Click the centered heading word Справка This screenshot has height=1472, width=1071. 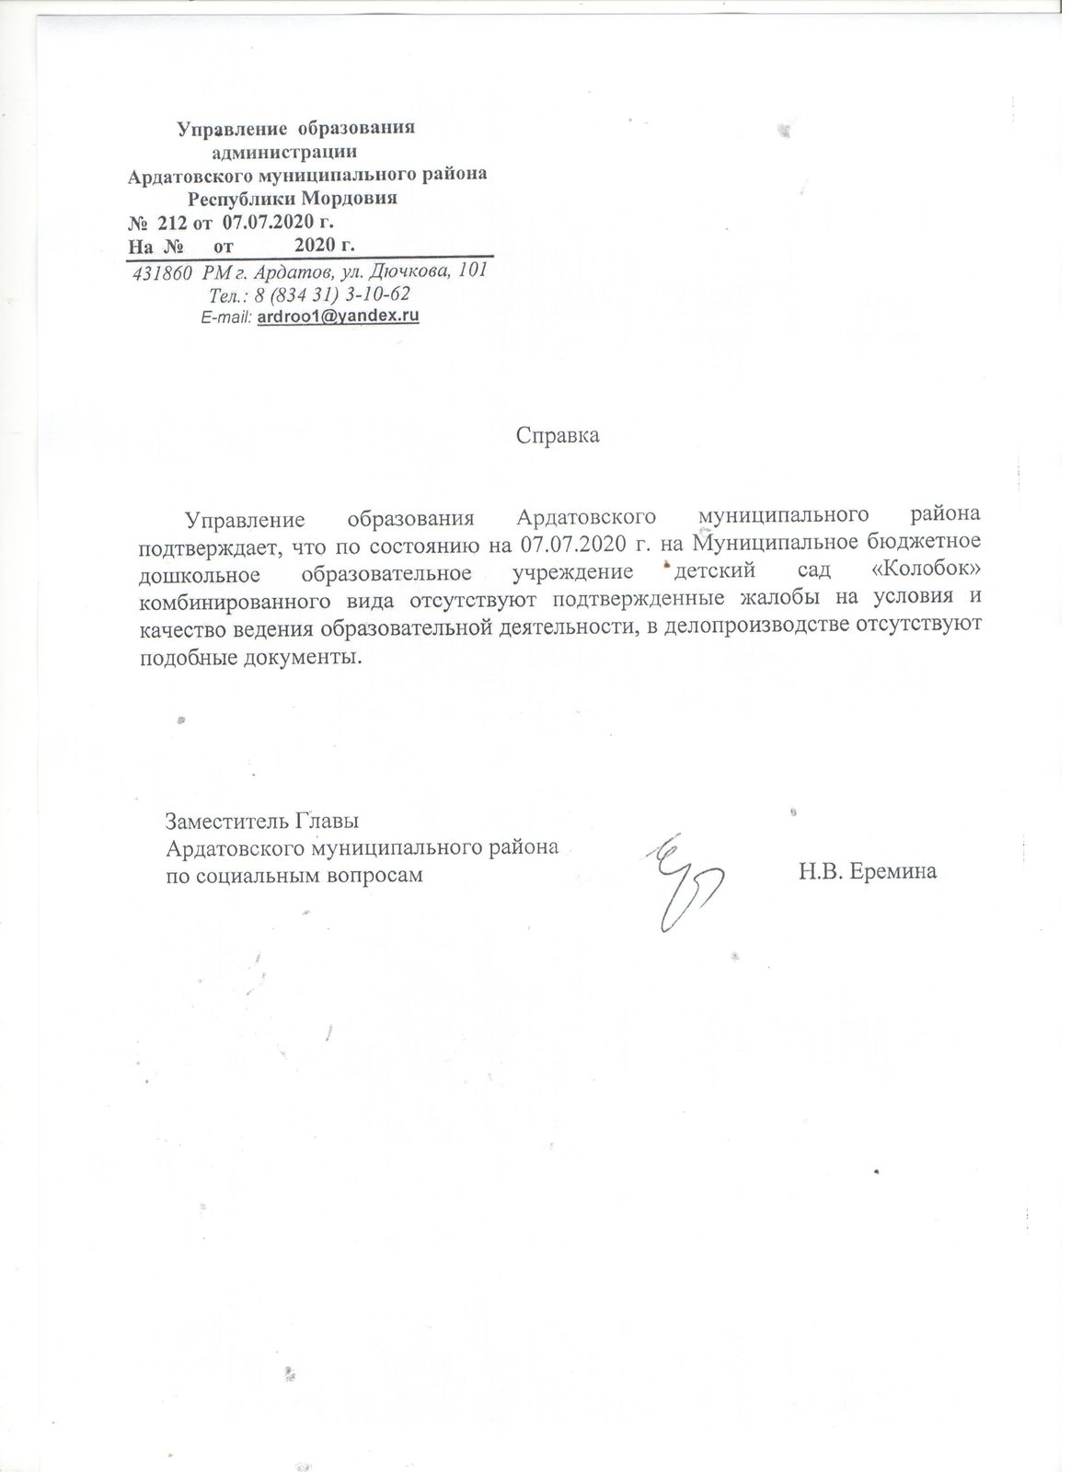(558, 435)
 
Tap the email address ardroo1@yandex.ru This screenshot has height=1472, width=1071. (339, 316)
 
